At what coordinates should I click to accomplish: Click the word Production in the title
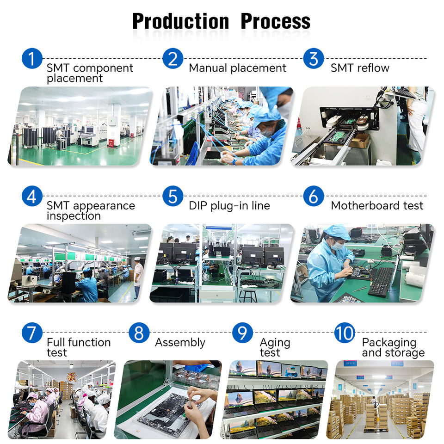click(x=181, y=21)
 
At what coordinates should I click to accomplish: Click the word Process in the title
click(x=276, y=21)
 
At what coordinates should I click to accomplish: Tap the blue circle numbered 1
click(x=32, y=59)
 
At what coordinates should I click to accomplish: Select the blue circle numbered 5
click(x=173, y=196)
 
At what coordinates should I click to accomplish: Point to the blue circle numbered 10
click(x=345, y=333)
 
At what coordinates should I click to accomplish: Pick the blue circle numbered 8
click(x=139, y=333)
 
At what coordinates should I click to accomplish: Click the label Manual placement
click(x=237, y=68)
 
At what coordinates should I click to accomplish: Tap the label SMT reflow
click(x=360, y=68)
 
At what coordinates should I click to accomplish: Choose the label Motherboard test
click(x=377, y=205)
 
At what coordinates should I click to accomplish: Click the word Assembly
click(x=180, y=343)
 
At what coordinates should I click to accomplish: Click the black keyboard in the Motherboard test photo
click(x=381, y=282)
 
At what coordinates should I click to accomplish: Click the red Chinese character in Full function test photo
click(x=71, y=377)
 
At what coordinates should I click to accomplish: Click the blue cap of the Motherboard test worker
click(x=338, y=232)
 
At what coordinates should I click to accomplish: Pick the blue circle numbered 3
click(x=314, y=59)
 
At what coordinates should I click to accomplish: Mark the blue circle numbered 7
click(x=32, y=333)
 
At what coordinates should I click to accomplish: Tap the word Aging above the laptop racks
click(x=275, y=343)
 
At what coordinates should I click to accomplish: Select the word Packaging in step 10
click(x=389, y=343)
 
